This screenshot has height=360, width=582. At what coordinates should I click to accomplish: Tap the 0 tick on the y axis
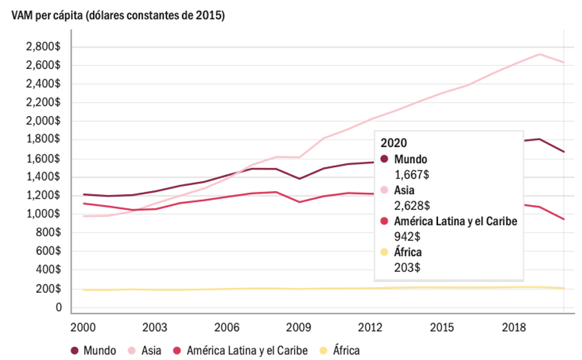58,308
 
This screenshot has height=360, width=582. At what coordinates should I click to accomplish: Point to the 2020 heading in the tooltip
394,143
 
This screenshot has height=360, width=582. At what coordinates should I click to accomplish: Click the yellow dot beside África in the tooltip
385,252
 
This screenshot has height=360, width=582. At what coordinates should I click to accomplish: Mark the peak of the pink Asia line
539,54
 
